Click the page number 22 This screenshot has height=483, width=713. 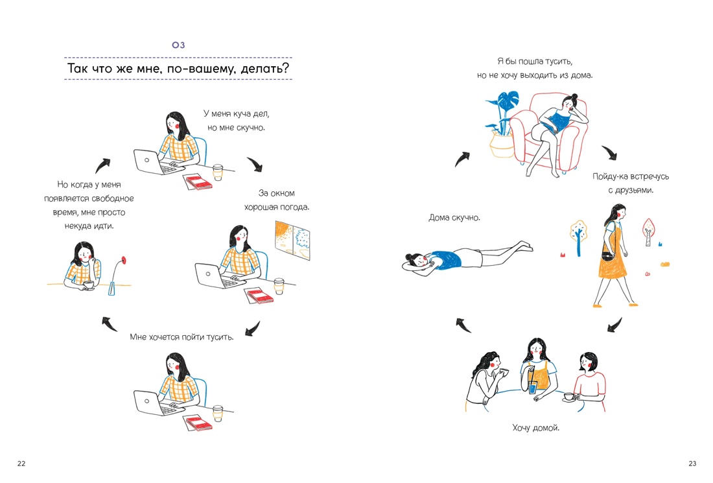[21, 464]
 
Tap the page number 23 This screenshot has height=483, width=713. [692, 464]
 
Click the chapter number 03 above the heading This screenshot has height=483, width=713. [178, 45]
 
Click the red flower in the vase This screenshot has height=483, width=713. [123, 261]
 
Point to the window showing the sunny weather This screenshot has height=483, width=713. [292, 241]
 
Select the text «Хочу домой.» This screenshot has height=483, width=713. [535, 427]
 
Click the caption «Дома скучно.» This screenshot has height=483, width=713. [454, 218]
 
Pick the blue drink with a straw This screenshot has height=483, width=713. [532, 387]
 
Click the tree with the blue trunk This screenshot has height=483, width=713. [578, 237]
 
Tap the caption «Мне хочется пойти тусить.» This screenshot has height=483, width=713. [181, 337]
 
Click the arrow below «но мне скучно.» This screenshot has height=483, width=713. [255, 164]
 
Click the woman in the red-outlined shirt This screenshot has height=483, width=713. [590, 381]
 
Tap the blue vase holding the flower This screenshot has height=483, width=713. [112, 289]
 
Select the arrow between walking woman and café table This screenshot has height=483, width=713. [614, 325]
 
